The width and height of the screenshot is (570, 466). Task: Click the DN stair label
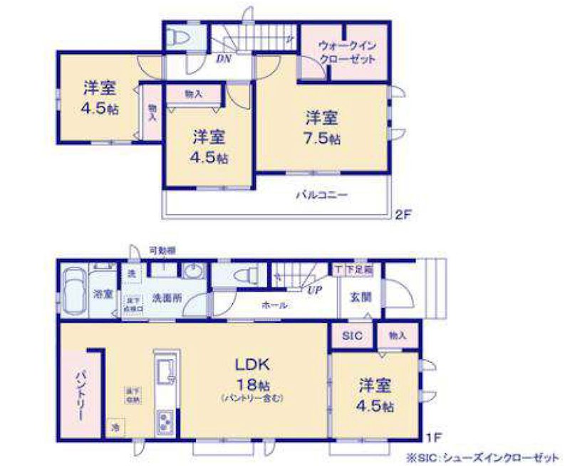(x=223, y=59)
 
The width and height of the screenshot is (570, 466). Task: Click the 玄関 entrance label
(x=361, y=297)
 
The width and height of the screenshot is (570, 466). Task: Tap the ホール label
(x=274, y=305)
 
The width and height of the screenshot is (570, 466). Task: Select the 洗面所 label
(x=165, y=298)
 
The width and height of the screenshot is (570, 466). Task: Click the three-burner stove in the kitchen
(x=165, y=421)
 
